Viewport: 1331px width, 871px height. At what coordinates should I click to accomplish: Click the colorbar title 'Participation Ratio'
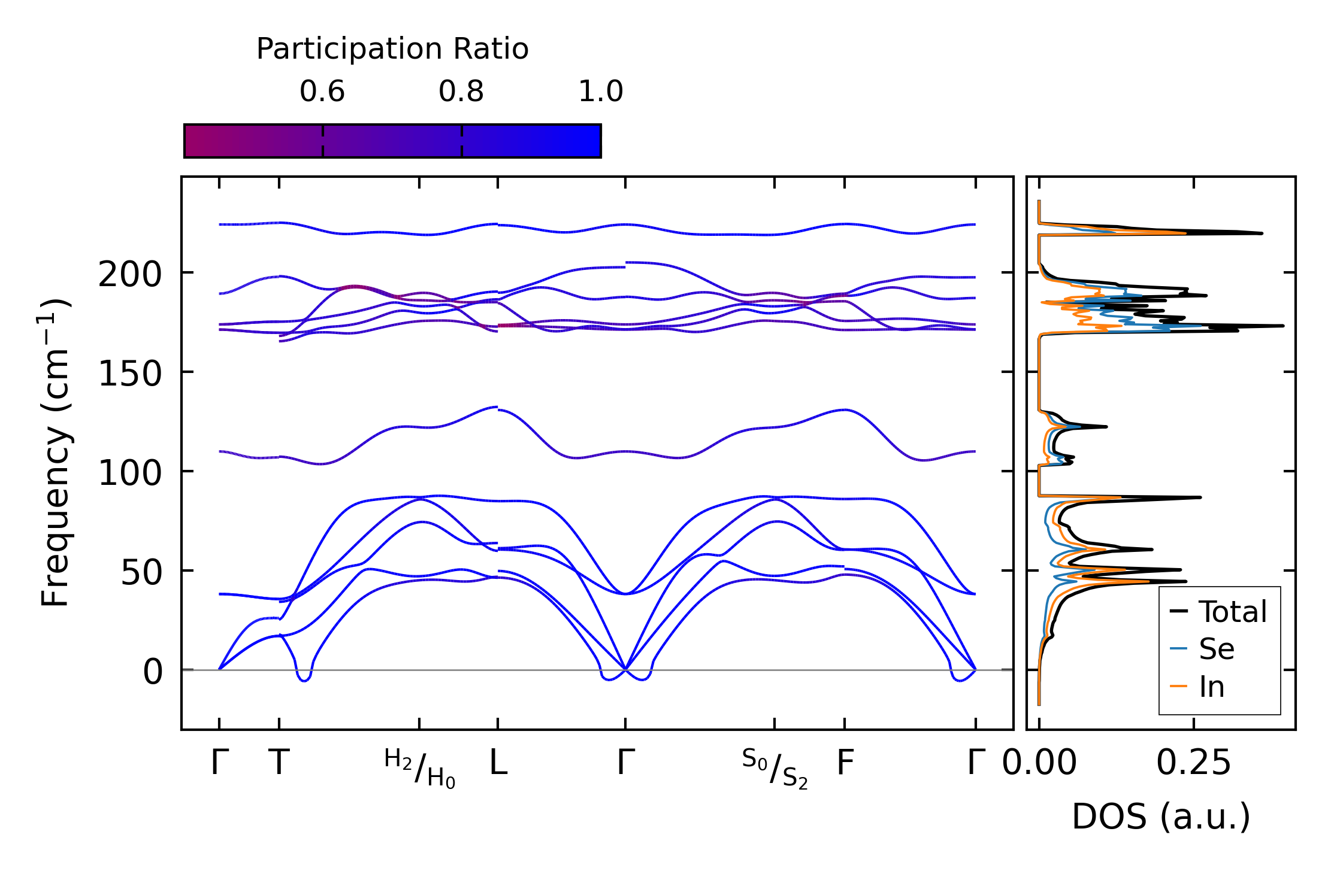coord(392,49)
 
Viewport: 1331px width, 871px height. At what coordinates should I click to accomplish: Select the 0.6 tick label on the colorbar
coord(322,92)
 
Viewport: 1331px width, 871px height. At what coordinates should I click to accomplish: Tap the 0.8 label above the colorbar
coord(461,92)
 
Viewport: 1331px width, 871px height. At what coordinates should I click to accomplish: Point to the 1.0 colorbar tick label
coord(601,92)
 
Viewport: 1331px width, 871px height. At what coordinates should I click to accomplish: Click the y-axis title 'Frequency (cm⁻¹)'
coord(56,453)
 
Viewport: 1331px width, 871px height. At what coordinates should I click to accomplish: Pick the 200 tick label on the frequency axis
coord(130,275)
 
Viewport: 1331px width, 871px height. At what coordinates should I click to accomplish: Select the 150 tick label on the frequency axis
coord(130,375)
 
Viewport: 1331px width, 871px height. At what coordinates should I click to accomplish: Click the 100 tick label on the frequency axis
coord(130,474)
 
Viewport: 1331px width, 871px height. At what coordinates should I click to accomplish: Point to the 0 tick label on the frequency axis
coord(153,672)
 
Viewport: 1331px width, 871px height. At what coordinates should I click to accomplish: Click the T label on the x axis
coord(279,763)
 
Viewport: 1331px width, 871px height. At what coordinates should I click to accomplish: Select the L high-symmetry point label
coord(498,763)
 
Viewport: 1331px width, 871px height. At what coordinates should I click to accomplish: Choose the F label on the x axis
coord(845,763)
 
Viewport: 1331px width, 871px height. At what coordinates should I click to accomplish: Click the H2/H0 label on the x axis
coord(420,769)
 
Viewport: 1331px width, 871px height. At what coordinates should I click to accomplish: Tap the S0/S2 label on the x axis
coord(775,769)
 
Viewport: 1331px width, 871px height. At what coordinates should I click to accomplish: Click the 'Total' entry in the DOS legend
coord(1232,612)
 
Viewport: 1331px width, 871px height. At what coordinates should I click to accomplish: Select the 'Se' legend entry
coord(1216,649)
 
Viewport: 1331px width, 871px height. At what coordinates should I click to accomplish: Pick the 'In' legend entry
coord(1211,687)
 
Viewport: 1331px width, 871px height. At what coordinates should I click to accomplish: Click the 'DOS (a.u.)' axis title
coord(1161,817)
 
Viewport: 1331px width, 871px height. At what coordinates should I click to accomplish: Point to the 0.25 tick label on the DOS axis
coord(1193,763)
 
